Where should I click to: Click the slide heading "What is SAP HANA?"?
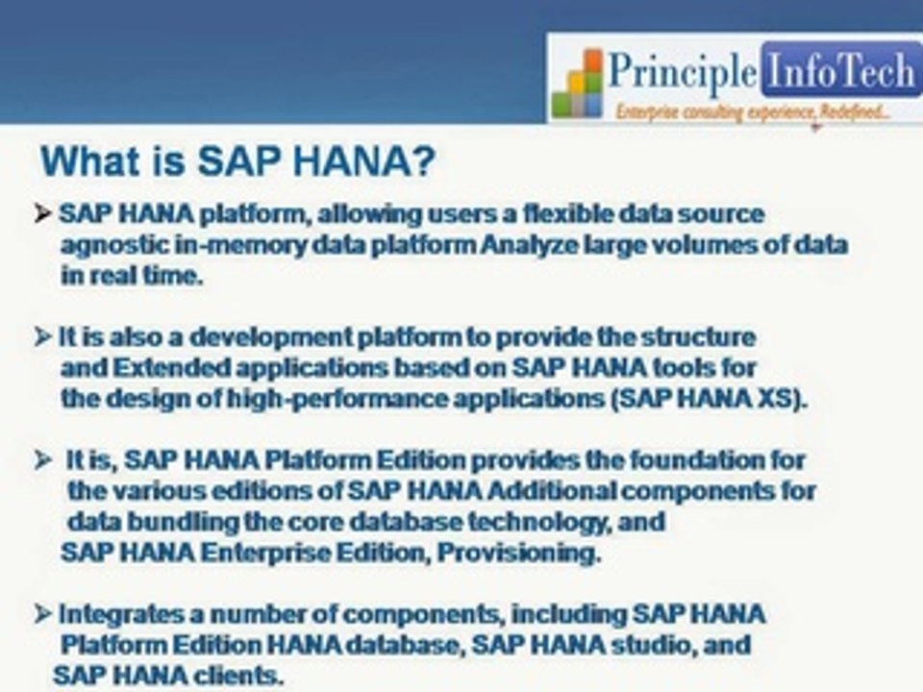tap(237, 161)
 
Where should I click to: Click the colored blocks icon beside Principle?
tap(578, 85)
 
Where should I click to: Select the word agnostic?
tap(112, 245)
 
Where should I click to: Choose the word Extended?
tap(158, 367)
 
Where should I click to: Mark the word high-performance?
tap(294, 399)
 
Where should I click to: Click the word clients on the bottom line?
tap(238, 675)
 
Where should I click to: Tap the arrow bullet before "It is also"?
tap(43, 337)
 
